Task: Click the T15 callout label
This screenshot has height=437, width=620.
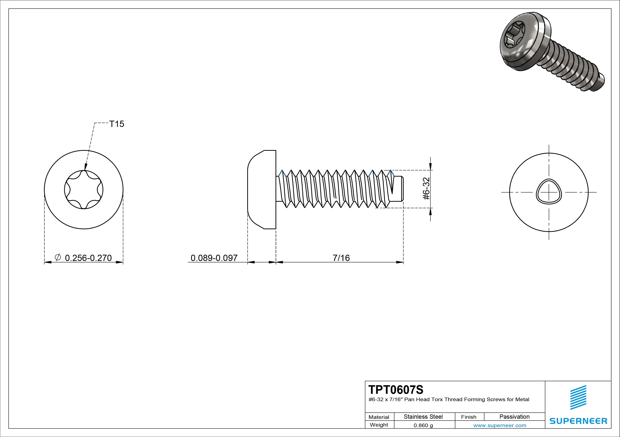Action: click(117, 124)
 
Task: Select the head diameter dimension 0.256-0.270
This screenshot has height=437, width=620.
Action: click(88, 258)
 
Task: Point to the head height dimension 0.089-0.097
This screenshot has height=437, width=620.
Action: click(214, 258)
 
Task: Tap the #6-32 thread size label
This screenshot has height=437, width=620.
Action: click(426, 189)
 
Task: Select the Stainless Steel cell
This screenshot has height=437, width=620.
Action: click(423, 417)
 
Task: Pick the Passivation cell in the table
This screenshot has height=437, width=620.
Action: click(514, 417)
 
